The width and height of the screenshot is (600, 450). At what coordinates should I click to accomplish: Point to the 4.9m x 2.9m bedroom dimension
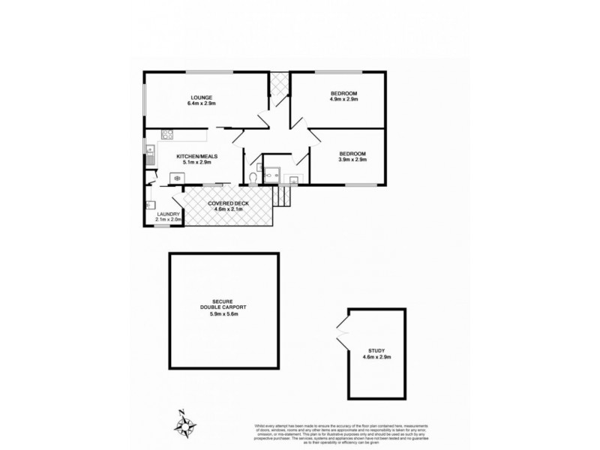click(344, 99)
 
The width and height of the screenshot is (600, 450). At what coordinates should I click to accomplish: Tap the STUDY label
click(376, 350)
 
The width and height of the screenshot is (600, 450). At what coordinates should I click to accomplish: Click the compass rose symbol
click(184, 425)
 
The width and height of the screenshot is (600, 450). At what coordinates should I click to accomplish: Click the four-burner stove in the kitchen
click(167, 136)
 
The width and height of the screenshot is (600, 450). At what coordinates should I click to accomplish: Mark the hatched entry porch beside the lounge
click(279, 88)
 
